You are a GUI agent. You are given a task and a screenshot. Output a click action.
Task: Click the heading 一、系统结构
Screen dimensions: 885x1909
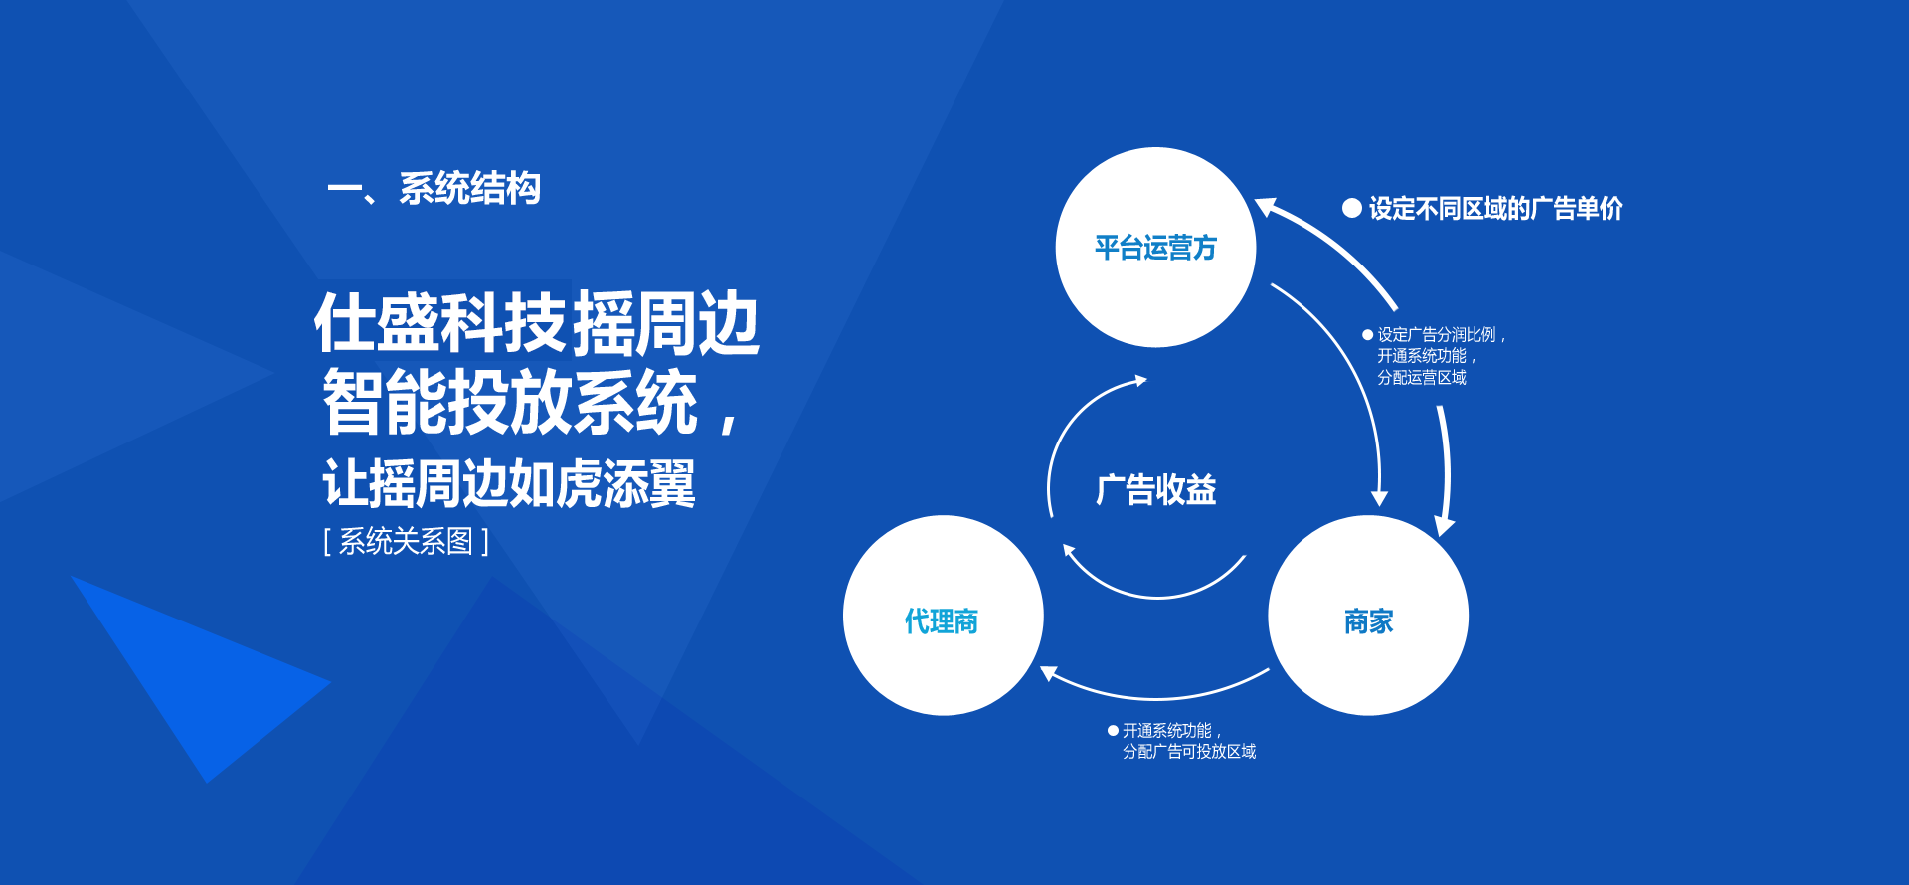point(434,188)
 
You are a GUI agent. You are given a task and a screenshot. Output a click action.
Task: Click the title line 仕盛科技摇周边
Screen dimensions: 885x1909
point(537,324)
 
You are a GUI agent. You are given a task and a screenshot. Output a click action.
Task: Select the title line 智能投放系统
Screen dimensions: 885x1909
point(510,402)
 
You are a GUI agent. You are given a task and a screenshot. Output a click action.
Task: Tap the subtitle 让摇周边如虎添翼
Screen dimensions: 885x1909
point(508,484)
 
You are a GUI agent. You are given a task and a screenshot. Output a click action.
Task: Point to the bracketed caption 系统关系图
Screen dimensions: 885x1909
point(406,542)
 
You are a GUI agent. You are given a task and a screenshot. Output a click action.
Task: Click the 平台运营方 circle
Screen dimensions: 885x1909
point(1155,248)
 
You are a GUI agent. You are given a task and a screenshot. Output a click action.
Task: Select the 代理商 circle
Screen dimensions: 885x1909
point(943,616)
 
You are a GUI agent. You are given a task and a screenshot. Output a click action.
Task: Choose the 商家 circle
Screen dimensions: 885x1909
point(1368,616)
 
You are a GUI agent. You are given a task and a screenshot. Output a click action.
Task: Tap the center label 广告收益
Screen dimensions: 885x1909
point(1156,489)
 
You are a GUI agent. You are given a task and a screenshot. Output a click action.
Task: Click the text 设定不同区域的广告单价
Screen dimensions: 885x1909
point(1495,209)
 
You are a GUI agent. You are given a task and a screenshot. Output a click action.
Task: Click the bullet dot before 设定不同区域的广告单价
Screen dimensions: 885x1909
point(1351,208)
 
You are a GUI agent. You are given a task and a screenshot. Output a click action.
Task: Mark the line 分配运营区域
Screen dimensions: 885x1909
point(1421,378)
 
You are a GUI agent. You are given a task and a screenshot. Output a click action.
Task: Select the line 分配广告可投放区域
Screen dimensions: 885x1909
point(1189,752)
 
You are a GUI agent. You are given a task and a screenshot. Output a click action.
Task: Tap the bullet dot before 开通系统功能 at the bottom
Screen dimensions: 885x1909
point(1113,731)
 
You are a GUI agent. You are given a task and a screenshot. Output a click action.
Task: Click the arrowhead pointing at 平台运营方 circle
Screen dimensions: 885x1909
point(1266,207)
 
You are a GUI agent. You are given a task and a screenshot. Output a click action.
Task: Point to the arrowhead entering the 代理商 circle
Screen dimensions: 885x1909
point(1048,673)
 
